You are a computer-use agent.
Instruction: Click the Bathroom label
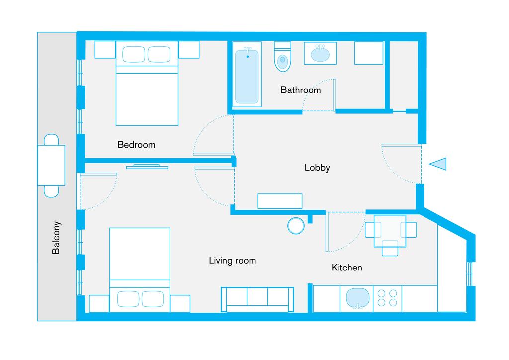(301, 90)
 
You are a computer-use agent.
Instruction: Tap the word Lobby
(317, 168)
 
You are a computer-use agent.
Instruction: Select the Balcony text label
(56, 238)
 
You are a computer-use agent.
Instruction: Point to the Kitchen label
(346, 268)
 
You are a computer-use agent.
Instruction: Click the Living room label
(233, 261)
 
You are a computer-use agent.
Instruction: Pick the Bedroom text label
(136, 145)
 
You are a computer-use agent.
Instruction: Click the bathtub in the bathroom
(247, 75)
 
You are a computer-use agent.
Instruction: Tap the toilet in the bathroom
(283, 57)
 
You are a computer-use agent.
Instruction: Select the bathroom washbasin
(320, 53)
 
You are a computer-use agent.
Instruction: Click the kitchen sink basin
(358, 298)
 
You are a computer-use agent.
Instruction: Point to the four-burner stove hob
(387, 298)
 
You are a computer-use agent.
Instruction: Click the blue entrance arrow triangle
(438, 164)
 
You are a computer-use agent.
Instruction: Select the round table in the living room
(296, 226)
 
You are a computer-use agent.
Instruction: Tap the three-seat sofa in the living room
(257, 300)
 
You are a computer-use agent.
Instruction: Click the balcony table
(51, 166)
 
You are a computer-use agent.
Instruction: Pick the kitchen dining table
(390, 231)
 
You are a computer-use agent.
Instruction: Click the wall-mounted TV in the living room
(147, 167)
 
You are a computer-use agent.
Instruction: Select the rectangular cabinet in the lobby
(280, 201)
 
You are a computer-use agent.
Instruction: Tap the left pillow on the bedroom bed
(134, 54)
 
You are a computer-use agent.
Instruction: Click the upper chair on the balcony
(51, 140)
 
